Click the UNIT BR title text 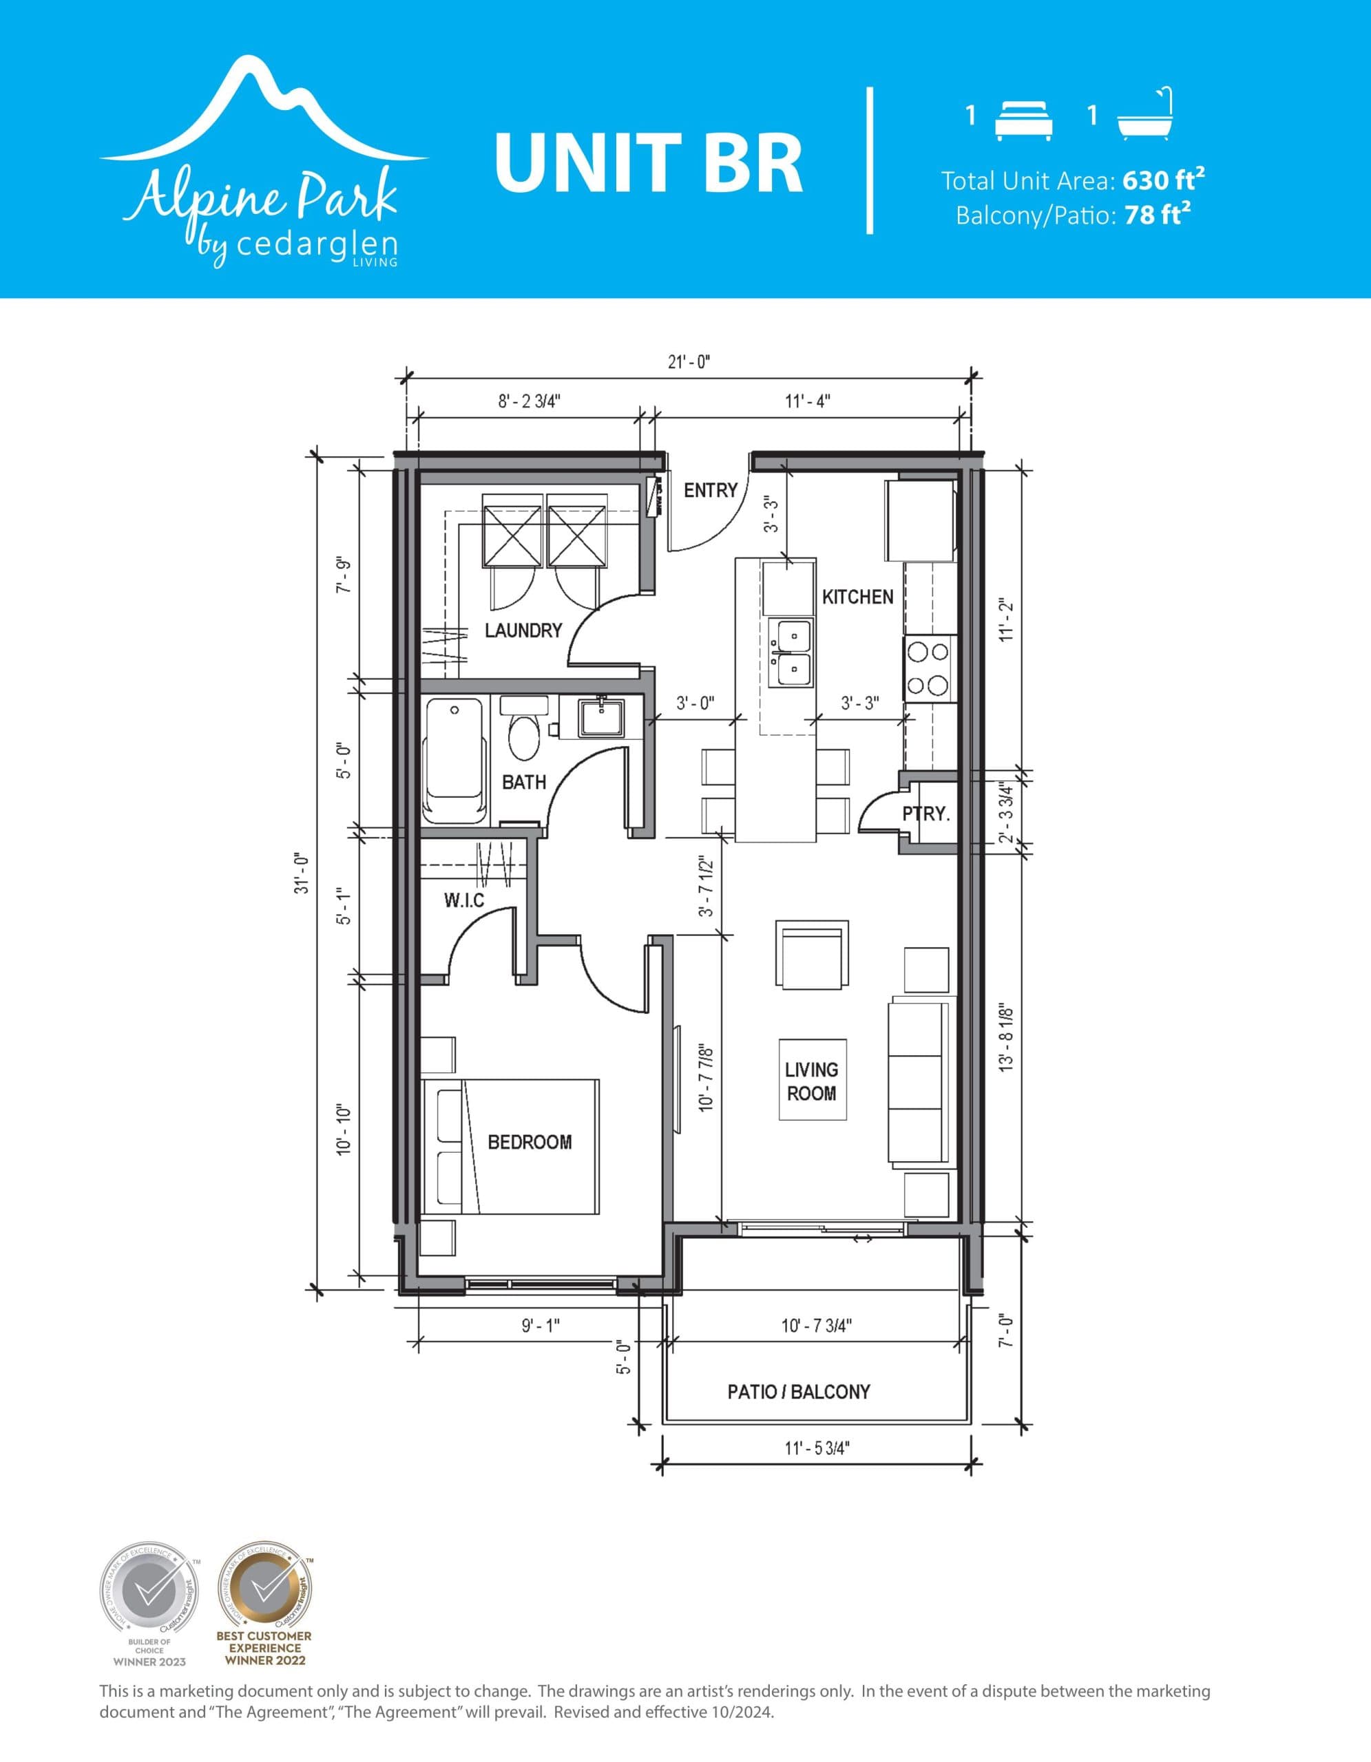pyautogui.click(x=648, y=163)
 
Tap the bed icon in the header pyautogui.click(x=1023, y=120)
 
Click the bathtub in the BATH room pyautogui.click(x=454, y=759)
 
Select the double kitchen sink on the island pyautogui.click(x=791, y=652)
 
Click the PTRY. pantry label pyautogui.click(x=925, y=814)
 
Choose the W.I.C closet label pyautogui.click(x=464, y=900)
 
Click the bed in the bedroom pyautogui.click(x=510, y=1147)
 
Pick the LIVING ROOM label pyautogui.click(x=811, y=1081)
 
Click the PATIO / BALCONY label pyautogui.click(x=798, y=1392)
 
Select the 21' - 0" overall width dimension pyautogui.click(x=689, y=362)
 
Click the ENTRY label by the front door pyautogui.click(x=710, y=491)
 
